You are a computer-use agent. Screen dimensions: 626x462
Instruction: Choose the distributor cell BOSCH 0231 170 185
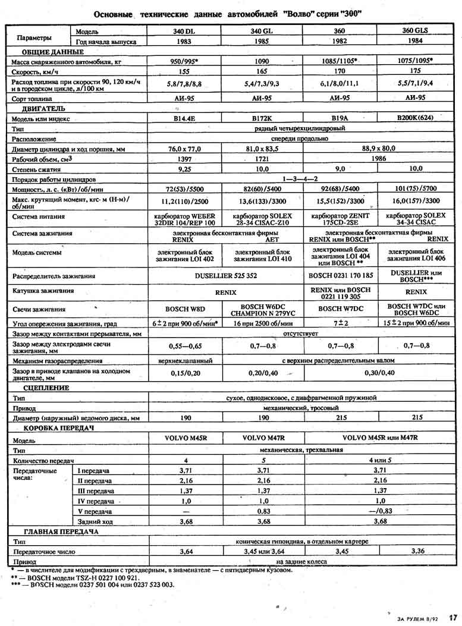tap(341, 276)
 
